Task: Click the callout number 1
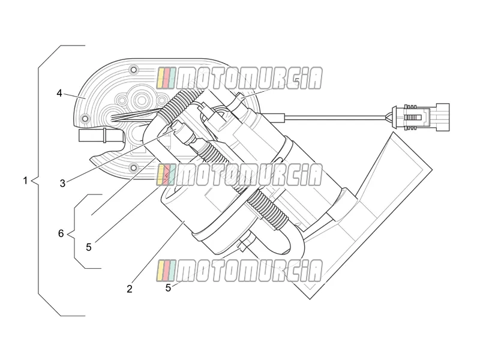point(25,181)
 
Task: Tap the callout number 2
point(130,289)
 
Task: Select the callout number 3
point(62,184)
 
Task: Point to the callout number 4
point(59,93)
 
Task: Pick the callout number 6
point(61,233)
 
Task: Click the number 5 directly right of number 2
point(168,288)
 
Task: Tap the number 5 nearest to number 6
point(89,247)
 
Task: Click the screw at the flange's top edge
point(133,70)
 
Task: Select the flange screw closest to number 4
point(84,118)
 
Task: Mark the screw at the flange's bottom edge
point(133,167)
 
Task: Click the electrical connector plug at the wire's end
point(421,117)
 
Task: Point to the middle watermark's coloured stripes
point(166,175)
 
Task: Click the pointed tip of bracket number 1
point(32,181)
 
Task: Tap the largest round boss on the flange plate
point(142,99)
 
